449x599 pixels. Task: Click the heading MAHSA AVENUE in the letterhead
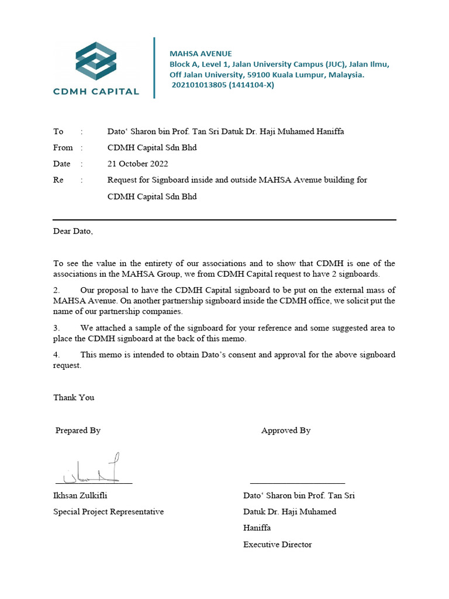(x=201, y=54)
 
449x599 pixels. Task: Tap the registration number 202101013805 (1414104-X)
(x=223, y=85)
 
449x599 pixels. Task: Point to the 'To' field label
(x=58, y=132)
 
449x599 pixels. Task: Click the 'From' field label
(x=63, y=148)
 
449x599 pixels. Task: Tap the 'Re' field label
(x=58, y=180)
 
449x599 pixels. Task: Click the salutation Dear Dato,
(x=73, y=231)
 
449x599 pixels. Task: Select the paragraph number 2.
(x=57, y=290)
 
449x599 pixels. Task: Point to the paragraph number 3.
(x=57, y=329)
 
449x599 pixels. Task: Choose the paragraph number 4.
(x=57, y=355)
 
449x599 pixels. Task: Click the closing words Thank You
(x=74, y=398)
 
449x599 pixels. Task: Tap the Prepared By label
(x=78, y=431)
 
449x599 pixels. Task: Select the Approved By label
(x=286, y=431)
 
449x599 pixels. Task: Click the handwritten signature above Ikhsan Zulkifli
(x=94, y=471)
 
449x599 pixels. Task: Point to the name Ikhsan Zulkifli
(x=80, y=495)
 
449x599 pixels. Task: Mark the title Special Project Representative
(x=108, y=512)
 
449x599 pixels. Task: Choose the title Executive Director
(x=278, y=545)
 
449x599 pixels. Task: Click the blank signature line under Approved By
(x=297, y=483)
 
